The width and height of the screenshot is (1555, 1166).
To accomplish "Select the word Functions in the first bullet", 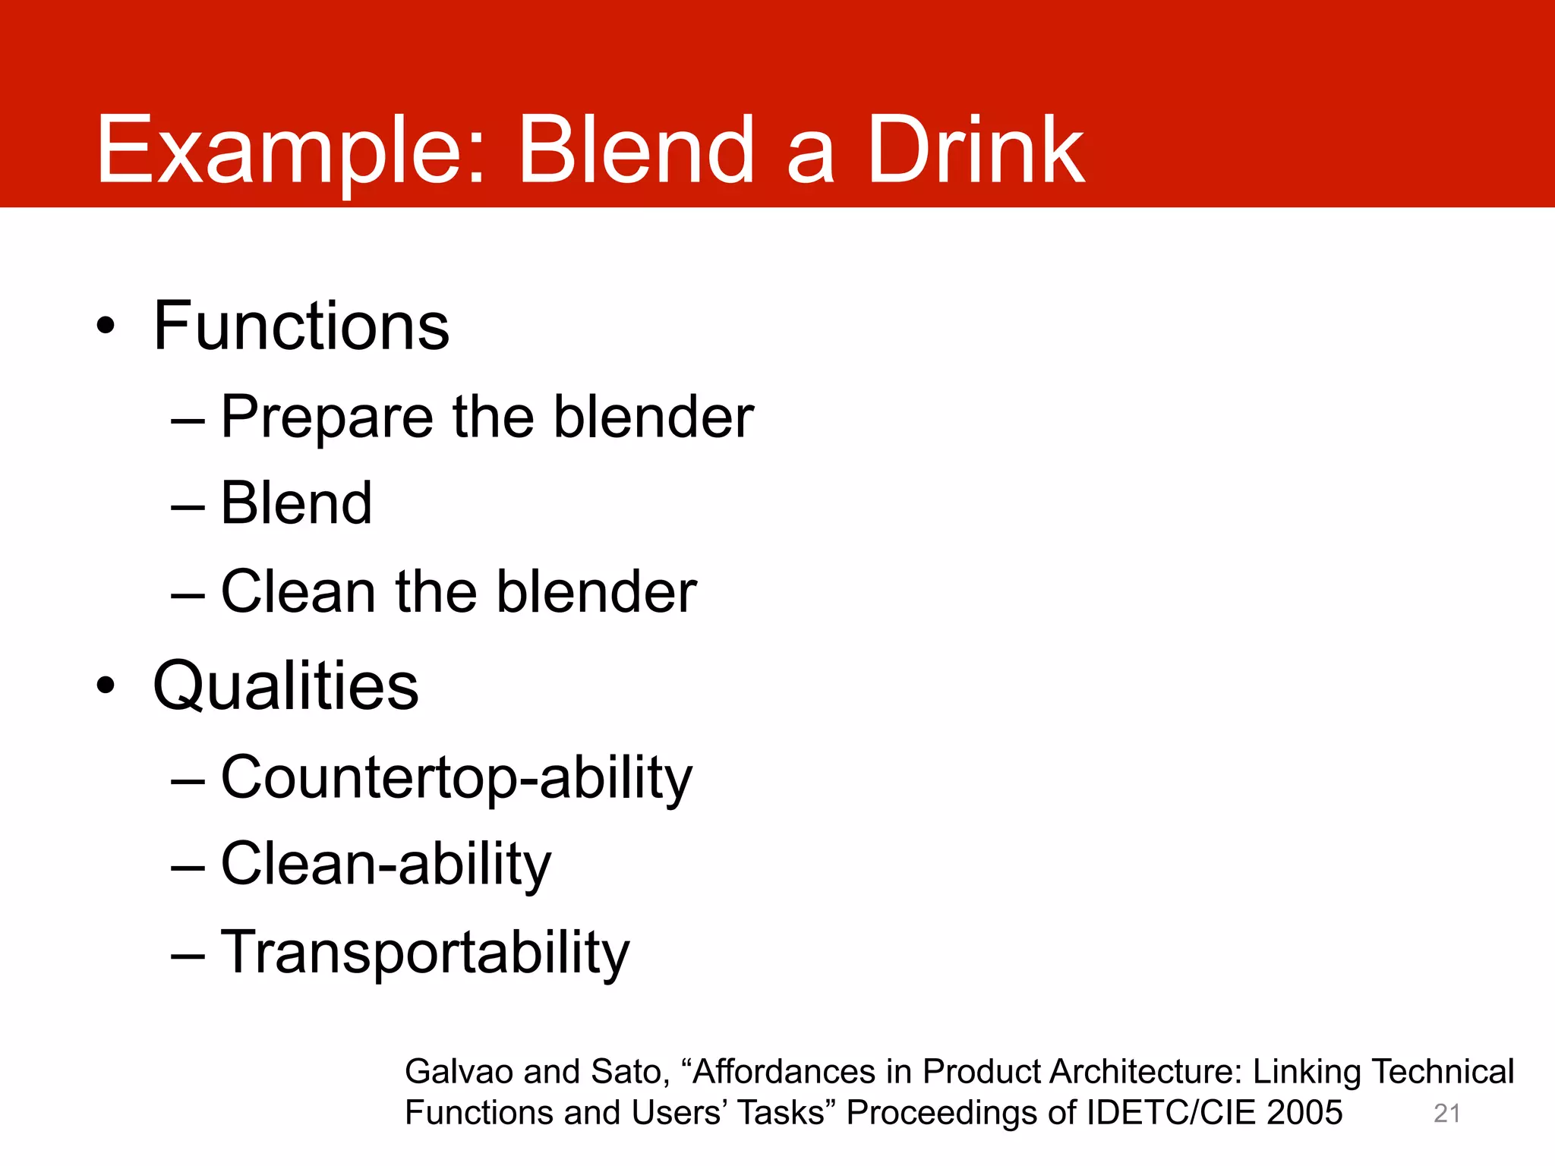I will click(x=301, y=326).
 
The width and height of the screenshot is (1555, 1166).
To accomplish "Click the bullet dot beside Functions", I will click(x=106, y=326).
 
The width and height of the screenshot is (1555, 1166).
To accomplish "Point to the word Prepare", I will click(x=326, y=418).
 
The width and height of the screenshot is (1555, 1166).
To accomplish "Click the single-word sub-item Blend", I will click(x=296, y=503).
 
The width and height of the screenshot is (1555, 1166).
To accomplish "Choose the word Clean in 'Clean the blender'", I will click(x=298, y=591).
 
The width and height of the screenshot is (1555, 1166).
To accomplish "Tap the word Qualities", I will click(x=285, y=685).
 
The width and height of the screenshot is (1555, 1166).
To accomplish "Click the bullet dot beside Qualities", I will click(x=106, y=685).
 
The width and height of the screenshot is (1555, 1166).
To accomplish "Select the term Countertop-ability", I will click(x=456, y=778).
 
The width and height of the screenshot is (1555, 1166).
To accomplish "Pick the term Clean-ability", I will click(x=386, y=865).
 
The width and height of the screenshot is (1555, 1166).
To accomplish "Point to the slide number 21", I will click(x=1446, y=1114).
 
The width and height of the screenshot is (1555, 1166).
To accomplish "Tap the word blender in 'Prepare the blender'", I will click(x=653, y=418).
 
